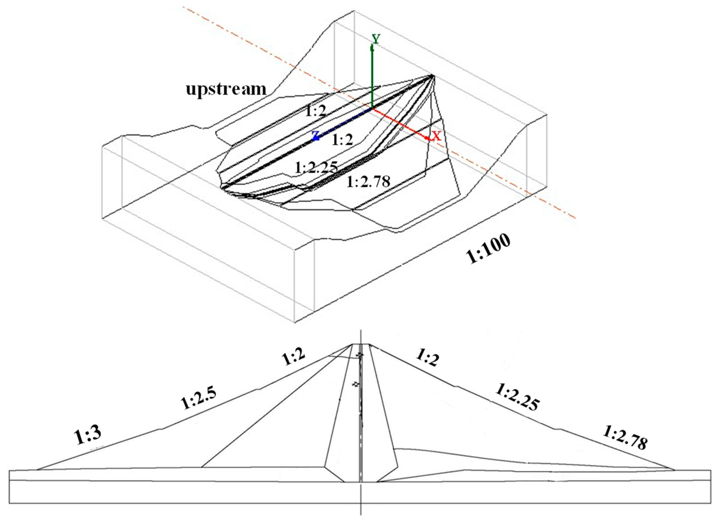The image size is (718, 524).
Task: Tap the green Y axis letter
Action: [x=376, y=39]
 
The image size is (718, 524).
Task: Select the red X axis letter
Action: [x=437, y=136]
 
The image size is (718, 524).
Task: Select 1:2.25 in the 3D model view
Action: [x=316, y=167]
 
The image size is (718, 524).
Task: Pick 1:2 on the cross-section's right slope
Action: [x=428, y=358]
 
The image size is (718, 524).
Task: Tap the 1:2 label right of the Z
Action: [x=342, y=140]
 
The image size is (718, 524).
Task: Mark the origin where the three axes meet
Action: [x=372, y=108]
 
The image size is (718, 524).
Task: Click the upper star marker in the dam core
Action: [x=359, y=355]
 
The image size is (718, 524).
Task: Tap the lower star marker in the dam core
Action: [x=356, y=384]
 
